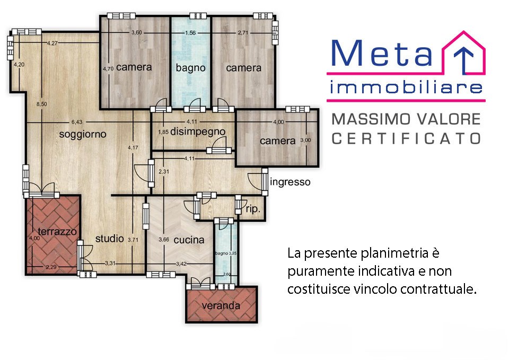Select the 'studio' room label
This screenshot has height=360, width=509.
109,239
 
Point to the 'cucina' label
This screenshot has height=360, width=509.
189,240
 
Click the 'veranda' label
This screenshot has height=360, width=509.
221,306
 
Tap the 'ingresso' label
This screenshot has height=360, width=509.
290,182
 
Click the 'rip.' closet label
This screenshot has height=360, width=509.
253,209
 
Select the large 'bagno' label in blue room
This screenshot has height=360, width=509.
190,68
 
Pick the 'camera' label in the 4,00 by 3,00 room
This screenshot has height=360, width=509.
277,141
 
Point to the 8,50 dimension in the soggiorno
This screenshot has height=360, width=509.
41,104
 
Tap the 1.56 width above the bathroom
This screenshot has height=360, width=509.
190,33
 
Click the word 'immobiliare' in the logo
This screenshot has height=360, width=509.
406,87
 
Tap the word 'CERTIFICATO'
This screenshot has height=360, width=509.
406,138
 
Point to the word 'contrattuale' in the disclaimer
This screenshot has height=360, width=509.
444,289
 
